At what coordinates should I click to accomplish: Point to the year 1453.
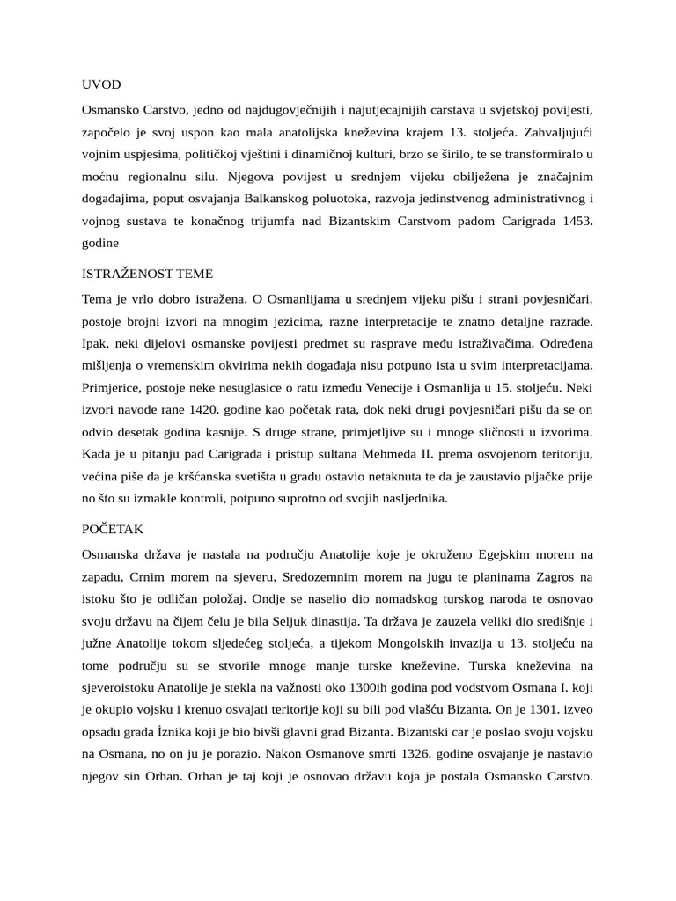coord(575,223)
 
